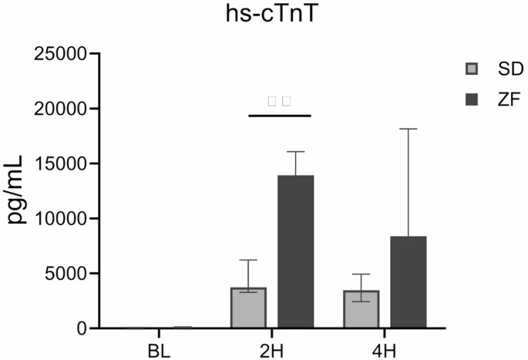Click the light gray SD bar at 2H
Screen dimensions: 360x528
tap(248, 308)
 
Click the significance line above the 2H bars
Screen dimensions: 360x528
tap(279, 116)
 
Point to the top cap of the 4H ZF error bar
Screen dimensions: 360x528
tap(409, 129)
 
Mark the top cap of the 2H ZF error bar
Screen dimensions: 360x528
tap(296, 152)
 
